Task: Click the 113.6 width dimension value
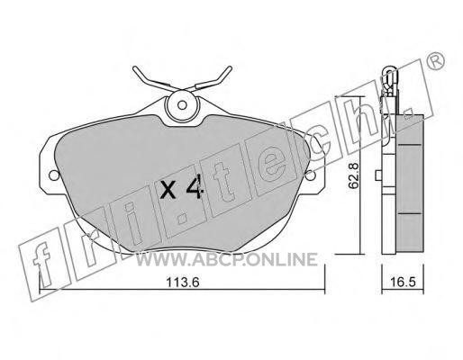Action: pos(183,283)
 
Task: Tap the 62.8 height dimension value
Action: pos(353,175)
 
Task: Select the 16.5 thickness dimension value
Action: pos(403,282)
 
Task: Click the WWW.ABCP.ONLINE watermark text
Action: pos(227,259)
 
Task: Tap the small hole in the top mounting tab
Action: pos(182,105)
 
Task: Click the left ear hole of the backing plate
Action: pos(54,175)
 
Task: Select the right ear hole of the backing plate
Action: pos(311,175)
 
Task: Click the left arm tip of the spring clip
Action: pos(134,68)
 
